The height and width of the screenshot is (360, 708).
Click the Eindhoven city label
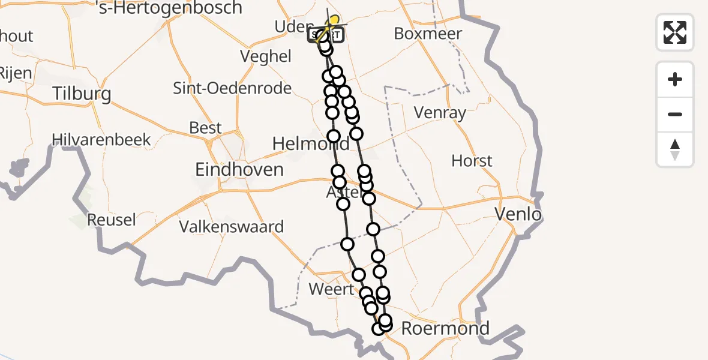point(239,169)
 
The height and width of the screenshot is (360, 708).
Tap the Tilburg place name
point(82,94)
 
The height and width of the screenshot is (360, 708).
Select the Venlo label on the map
point(517,214)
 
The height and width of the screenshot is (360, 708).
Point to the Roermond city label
point(445,328)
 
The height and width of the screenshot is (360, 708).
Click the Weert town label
point(331,289)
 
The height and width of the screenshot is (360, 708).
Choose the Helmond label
point(310,144)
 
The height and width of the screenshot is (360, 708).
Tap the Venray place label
point(440,112)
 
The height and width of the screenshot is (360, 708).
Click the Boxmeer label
point(428,34)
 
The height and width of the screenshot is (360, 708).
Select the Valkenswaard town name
point(232,227)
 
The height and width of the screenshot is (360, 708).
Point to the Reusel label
point(112,220)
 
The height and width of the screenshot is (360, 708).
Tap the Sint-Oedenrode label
point(232,89)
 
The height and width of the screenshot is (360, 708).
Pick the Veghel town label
point(265,56)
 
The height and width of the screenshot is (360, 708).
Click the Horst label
point(472,161)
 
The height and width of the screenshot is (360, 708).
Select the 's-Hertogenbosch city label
point(169,8)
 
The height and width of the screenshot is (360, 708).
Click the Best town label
point(205,128)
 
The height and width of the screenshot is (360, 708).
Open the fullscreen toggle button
point(675,32)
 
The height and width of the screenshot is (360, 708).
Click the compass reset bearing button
point(675,149)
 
